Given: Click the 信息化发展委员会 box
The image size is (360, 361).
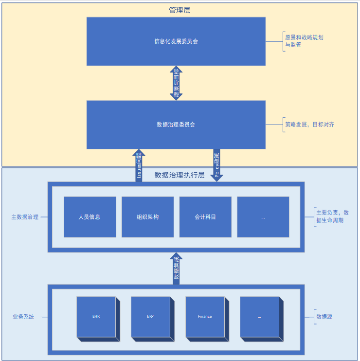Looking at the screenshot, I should [176, 41].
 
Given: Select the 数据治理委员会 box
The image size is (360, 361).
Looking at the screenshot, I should [176, 125].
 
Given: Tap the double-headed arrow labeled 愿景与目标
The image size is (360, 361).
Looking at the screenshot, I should [176, 83].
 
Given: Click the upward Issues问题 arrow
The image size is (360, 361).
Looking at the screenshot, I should [139, 166].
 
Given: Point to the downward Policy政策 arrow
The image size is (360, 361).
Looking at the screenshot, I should [217, 165].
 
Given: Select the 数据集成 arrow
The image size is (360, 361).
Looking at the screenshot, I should [176, 268].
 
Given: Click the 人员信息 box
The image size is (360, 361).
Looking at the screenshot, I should [90, 217].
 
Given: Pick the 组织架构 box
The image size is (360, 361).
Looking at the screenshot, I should [147, 217].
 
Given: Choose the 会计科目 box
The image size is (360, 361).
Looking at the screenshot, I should [205, 217].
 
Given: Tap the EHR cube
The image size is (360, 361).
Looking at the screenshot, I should [96, 317].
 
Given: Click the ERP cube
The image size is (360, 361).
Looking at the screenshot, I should [151, 317].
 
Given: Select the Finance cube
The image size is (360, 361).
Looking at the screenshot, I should [205, 317].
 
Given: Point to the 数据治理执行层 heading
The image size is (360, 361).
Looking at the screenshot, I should [180, 175].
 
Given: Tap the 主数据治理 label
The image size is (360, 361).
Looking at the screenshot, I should [25, 217].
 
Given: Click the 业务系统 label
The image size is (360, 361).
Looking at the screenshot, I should [23, 317].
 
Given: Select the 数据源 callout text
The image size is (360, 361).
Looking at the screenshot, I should [324, 317].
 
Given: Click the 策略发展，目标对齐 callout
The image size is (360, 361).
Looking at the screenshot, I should [309, 125].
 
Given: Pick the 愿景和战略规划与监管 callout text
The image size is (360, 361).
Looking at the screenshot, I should [304, 41].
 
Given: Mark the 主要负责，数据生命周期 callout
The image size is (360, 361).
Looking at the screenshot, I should [332, 217].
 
